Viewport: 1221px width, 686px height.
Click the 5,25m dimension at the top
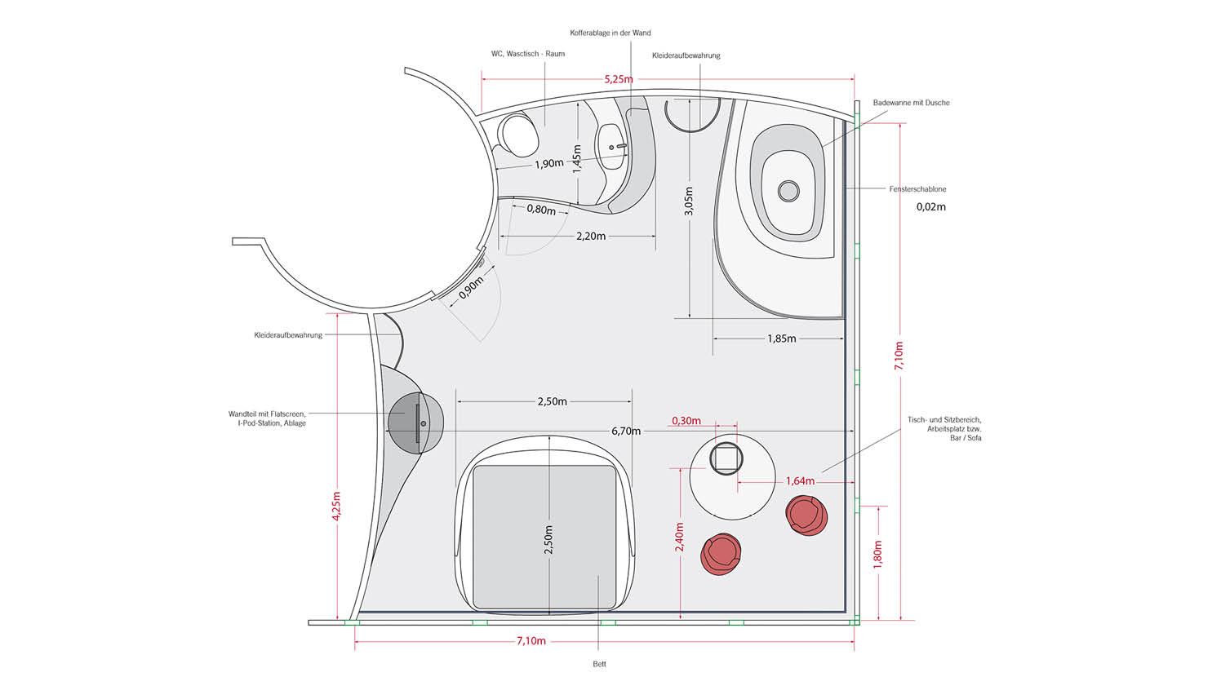click(x=618, y=80)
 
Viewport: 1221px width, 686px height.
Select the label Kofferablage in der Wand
click(x=610, y=33)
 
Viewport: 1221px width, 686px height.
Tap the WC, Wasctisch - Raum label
click(x=527, y=54)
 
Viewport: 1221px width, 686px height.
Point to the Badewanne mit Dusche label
click(x=911, y=103)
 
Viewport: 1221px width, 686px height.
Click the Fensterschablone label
click(x=917, y=189)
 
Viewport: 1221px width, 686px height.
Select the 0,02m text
click(x=930, y=207)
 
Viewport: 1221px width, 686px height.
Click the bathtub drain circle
click(x=788, y=191)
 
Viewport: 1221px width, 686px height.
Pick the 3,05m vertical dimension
click(x=689, y=201)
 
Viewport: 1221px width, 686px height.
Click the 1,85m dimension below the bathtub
click(x=782, y=339)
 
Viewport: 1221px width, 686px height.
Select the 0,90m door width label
click(x=471, y=288)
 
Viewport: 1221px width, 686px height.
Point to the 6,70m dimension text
click(x=626, y=431)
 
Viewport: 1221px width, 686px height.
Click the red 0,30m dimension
click(x=686, y=421)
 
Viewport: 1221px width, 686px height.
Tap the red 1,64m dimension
click(x=800, y=481)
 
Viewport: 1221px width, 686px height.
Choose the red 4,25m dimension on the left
click(x=336, y=507)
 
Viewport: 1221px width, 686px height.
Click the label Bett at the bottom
click(x=599, y=664)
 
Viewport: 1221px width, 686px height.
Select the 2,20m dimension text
click(x=591, y=237)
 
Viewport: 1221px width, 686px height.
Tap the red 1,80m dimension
click(x=877, y=555)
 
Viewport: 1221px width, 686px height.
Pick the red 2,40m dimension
click(x=679, y=538)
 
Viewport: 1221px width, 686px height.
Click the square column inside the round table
click(x=726, y=458)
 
